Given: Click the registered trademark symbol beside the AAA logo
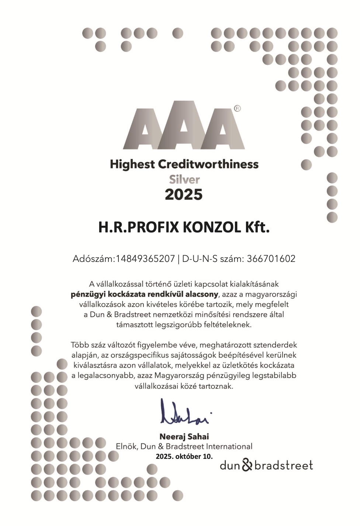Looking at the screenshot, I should [x=237, y=108].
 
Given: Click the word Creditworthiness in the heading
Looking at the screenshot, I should [x=208, y=164].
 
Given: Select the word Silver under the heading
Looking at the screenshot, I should [x=184, y=180].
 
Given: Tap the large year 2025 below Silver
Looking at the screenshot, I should [x=184, y=194].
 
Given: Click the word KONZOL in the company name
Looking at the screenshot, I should [x=212, y=227].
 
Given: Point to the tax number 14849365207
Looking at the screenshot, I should [x=145, y=259].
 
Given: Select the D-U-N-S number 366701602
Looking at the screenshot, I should [x=271, y=259].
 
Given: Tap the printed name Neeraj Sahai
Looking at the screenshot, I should [x=184, y=437].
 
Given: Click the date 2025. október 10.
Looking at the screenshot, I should [x=184, y=456].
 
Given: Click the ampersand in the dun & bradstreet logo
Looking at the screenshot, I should [x=247, y=465].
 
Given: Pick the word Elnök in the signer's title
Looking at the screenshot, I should [x=127, y=446].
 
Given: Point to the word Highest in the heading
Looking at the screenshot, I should [x=132, y=164].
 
